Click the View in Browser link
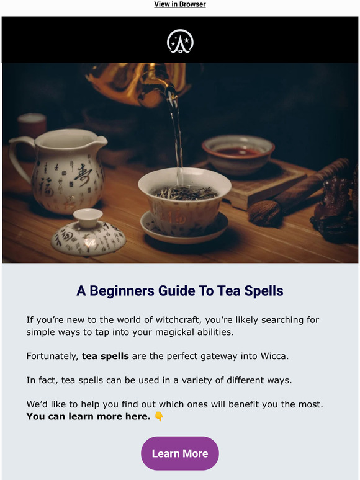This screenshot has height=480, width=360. (180, 4)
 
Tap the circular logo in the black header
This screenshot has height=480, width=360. (180, 41)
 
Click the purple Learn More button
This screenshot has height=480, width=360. (180, 453)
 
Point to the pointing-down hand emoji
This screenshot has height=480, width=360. (159, 416)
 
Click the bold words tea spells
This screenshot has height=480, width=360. (106, 357)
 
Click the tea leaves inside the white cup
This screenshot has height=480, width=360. (184, 193)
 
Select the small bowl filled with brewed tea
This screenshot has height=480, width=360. (238, 153)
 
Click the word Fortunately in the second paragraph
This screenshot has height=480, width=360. (52, 357)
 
